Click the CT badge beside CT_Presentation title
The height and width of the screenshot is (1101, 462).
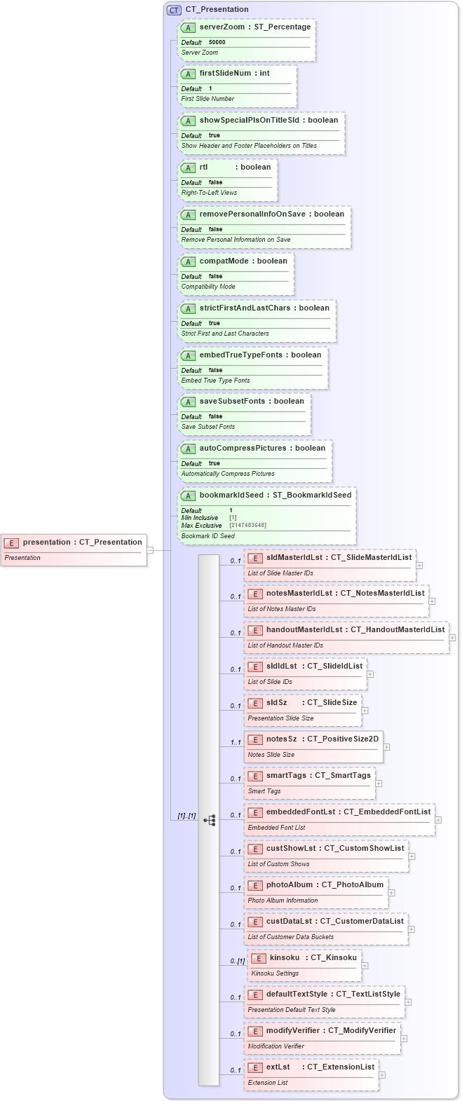tap(174, 10)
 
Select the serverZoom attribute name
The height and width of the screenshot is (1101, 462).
tap(222, 27)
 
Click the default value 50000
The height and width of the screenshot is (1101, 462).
tap(217, 42)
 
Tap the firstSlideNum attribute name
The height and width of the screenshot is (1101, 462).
tap(224, 73)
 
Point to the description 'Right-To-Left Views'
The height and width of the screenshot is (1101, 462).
tap(209, 193)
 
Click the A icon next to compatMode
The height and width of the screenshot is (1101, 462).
tap(188, 261)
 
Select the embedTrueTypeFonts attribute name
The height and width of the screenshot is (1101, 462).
tap(240, 355)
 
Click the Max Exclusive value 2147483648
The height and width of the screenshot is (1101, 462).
tap(247, 525)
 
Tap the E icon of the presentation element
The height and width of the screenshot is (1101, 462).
tap(11, 542)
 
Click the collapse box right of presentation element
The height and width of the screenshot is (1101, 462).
tap(150, 550)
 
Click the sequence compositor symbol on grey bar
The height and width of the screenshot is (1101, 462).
tap(209, 820)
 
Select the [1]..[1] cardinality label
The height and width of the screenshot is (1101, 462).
tap(186, 816)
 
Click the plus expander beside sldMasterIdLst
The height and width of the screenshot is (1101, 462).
tap(419, 564)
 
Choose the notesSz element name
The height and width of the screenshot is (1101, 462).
tap(281, 739)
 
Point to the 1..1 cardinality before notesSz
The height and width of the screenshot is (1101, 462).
tap(235, 742)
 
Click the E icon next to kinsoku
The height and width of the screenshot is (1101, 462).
tap(259, 958)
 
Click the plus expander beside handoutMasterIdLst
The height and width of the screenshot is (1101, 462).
tap(453, 637)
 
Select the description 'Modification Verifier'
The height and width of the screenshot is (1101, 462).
tap(276, 1046)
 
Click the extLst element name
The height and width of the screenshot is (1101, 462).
tap(278, 1067)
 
